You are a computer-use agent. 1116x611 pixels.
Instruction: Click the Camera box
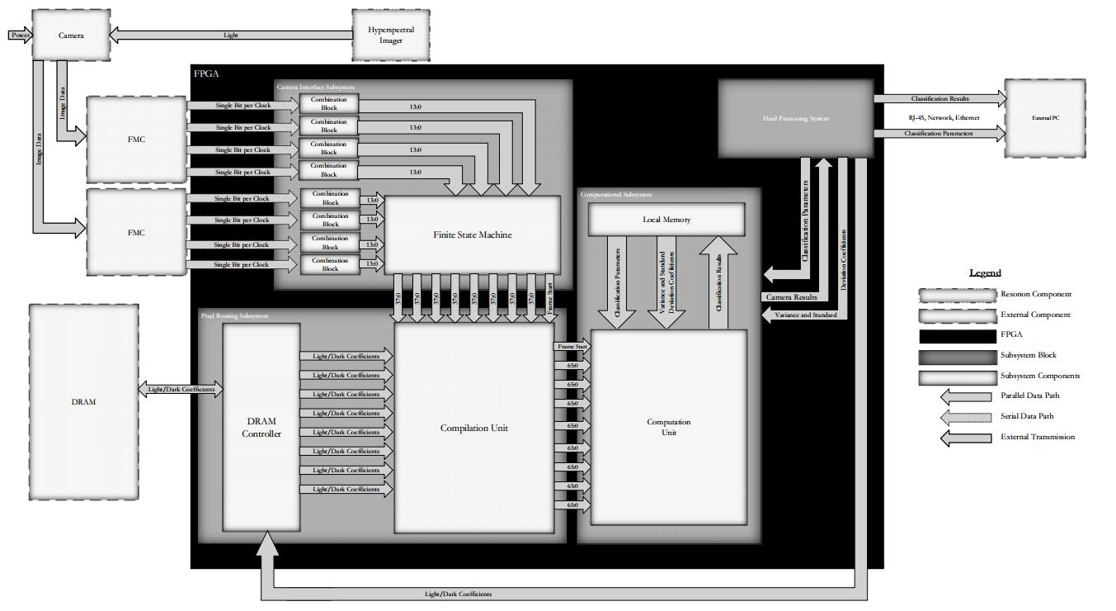[71, 36]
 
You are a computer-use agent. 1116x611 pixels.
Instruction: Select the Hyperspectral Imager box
[391, 36]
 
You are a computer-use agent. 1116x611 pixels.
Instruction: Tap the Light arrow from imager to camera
[231, 36]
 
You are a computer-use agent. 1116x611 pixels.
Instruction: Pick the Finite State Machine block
[473, 234]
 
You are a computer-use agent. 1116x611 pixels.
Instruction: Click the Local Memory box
[666, 220]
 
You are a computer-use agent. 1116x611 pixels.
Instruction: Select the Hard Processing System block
[795, 118]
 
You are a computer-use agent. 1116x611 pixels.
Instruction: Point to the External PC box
[1044, 118]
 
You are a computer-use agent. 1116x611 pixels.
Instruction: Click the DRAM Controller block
[261, 428]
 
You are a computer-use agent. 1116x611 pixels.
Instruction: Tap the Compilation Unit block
[473, 428]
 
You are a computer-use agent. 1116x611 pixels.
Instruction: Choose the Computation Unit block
[668, 427]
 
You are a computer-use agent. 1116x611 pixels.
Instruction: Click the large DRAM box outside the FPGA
[83, 401]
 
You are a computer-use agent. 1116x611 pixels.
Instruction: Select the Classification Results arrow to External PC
[940, 99]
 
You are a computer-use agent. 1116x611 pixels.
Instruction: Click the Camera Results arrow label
[790, 296]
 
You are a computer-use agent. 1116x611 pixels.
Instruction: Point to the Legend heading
[984, 272]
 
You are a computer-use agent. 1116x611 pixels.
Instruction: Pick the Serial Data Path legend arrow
[966, 416]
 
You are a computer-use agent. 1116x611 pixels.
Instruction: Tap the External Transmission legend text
[1037, 437]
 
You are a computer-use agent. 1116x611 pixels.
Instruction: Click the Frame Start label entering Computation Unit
[570, 347]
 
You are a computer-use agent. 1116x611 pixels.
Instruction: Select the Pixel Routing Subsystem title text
[234, 315]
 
